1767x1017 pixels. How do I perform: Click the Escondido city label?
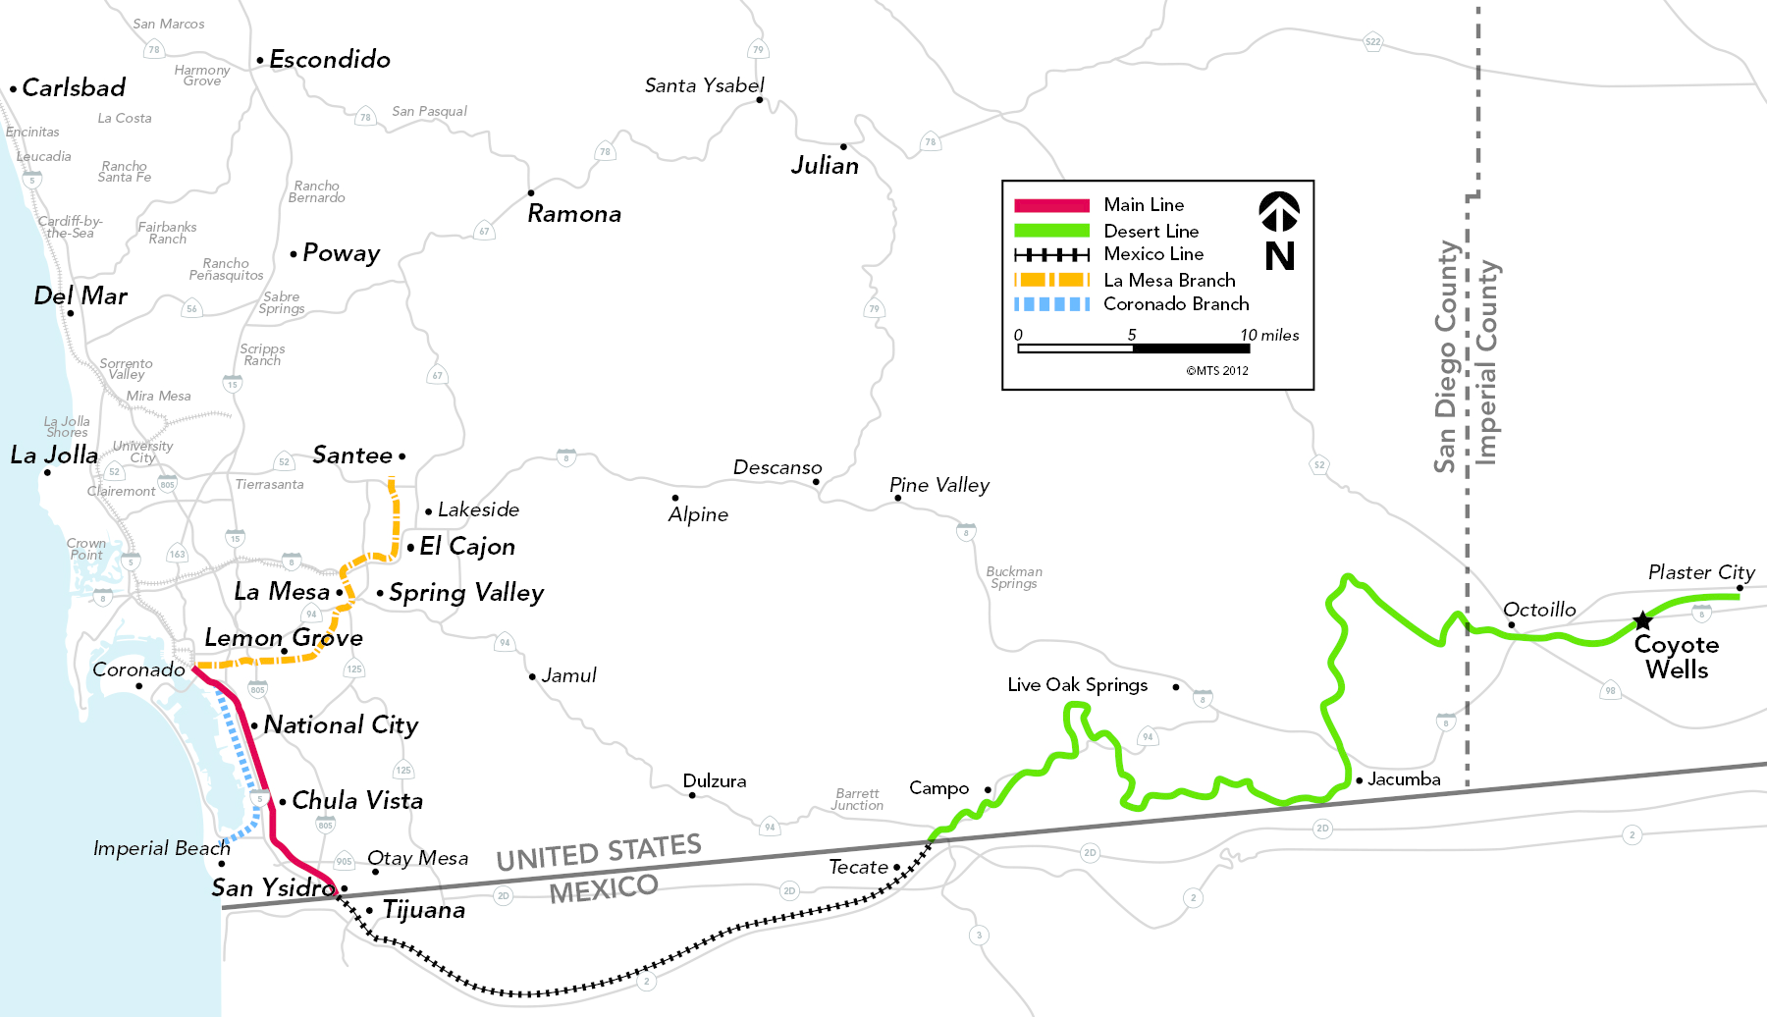pos(330,60)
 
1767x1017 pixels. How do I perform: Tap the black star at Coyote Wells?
pos(1642,620)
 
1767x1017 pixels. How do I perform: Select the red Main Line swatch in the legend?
pos(1051,205)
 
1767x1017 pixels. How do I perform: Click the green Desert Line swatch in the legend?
pos(1051,231)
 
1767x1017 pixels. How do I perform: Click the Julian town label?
pos(825,166)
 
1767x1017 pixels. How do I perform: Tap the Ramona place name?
pos(574,214)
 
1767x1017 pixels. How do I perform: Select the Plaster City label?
pos(1701,572)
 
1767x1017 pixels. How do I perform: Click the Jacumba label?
pos(1404,779)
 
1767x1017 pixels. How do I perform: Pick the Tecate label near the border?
pos(858,867)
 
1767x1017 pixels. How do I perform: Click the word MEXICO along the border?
pos(604,889)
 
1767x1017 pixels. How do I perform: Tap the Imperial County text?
pos(1487,362)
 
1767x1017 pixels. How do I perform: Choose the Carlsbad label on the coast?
pos(74,88)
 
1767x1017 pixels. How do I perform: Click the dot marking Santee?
pos(402,456)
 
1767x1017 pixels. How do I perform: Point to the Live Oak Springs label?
pos(1077,685)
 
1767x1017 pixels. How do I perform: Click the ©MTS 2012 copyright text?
pos(1217,371)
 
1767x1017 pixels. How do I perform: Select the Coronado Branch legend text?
pos(1176,304)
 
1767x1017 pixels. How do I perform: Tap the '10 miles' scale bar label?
pos(1269,336)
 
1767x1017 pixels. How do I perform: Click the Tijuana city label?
pos(424,910)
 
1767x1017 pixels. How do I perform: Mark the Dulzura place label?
pos(715,781)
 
